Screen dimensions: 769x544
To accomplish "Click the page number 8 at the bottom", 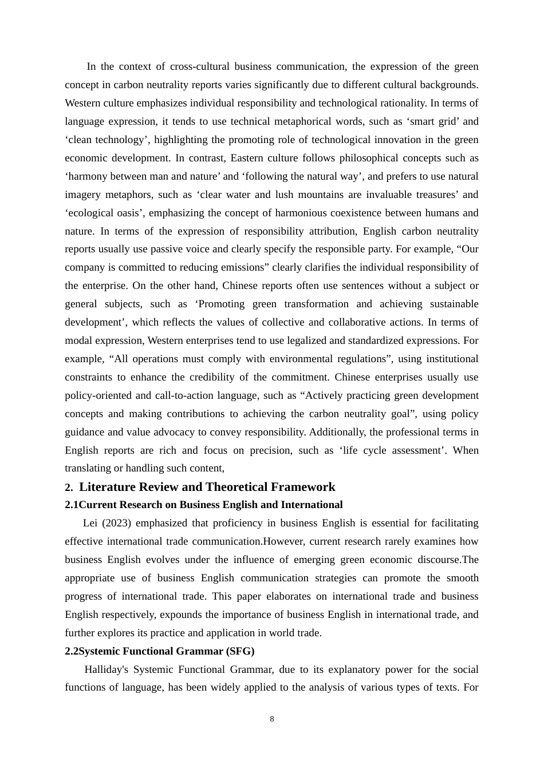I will [272, 719].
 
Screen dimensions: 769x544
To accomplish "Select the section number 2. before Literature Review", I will [69, 487].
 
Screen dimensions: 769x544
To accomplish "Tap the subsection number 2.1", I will [72, 505].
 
